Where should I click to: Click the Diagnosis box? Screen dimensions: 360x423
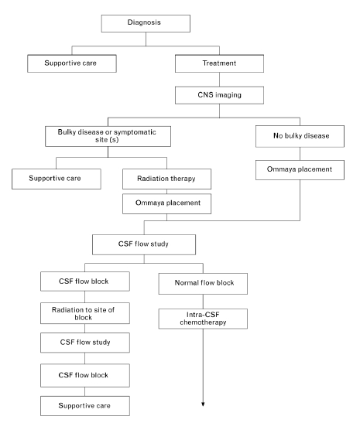(x=146, y=23)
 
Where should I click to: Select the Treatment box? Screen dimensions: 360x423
(x=219, y=63)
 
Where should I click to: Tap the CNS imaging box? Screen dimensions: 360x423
(x=219, y=95)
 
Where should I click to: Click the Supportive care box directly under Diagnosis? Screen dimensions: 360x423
(x=72, y=63)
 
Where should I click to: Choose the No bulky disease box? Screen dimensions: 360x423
(x=300, y=136)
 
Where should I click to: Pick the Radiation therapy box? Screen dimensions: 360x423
(x=166, y=179)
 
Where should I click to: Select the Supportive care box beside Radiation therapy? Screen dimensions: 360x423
(x=57, y=179)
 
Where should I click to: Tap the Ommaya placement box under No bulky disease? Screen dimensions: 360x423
(x=300, y=170)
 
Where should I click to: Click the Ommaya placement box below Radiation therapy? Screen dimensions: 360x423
(x=166, y=203)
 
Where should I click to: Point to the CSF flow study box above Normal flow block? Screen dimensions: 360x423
(x=144, y=244)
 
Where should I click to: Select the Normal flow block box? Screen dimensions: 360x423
(x=203, y=284)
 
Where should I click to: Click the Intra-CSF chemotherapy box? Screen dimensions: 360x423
(x=203, y=319)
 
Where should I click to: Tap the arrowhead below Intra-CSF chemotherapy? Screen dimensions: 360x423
(x=203, y=404)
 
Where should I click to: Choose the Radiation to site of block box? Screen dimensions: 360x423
(x=85, y=313)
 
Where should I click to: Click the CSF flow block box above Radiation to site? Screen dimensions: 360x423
(x=85, y=281)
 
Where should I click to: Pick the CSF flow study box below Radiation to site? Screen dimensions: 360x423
(x=85, y=343)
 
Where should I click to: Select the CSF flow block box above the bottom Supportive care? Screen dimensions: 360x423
(x=85, y=376)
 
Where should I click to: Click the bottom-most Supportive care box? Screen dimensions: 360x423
(x=85, y=406)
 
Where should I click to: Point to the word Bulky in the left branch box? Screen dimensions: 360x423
(x=67, y=132)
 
